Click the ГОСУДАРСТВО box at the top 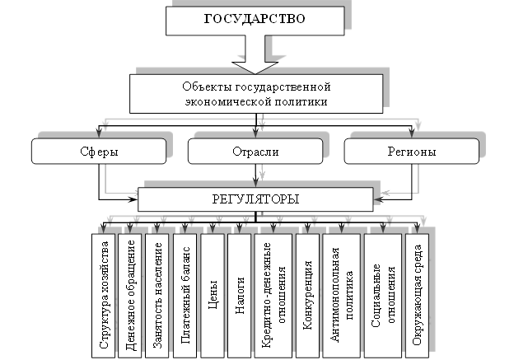(x=255, y=20)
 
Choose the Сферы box (x=99, y=152)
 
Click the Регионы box (x=412, y=152)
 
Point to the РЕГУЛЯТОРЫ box (x=255, y=199)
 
